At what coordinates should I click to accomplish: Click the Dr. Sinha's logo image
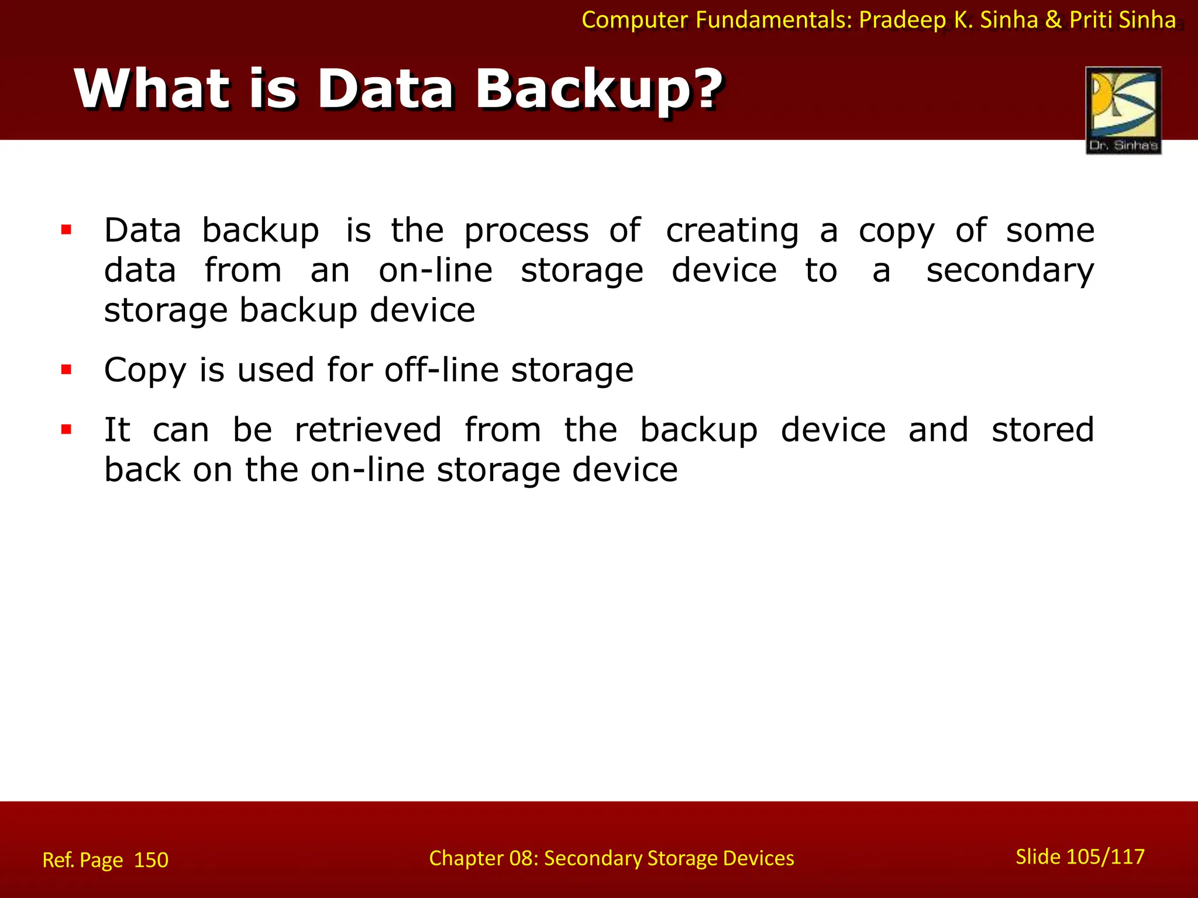click(1123, 110)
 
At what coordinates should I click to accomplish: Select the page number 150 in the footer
click(151, 860)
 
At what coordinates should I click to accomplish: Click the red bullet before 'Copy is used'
click(66, 369)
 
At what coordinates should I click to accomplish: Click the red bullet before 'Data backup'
click(66, 230)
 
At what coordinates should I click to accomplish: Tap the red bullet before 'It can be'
click(66, 430)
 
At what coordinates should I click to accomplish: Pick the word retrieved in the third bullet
click(368, 430)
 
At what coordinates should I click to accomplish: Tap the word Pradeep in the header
click(902, 20)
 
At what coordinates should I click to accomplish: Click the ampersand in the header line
click(1053, 20)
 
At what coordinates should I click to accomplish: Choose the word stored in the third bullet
click(1042, 430)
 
